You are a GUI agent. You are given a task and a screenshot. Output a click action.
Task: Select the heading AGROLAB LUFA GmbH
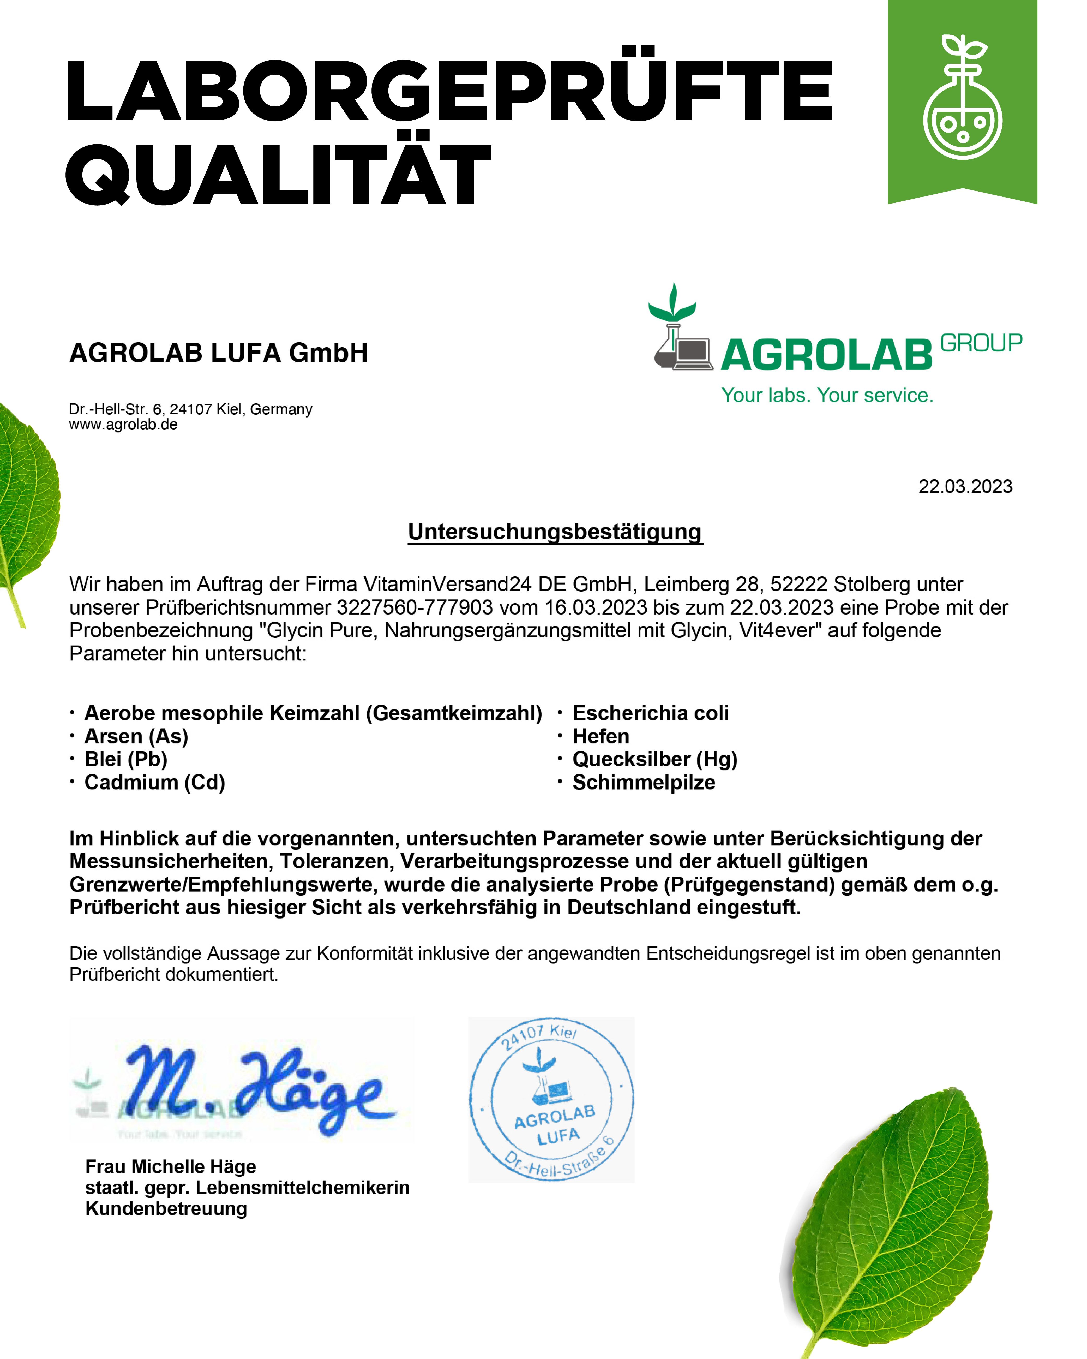pyautogui.click(x=218, y=353)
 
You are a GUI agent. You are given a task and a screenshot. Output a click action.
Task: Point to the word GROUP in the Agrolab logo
pyautogui.click(x=981, y=343)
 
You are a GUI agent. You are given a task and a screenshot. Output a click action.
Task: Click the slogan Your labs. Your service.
pyautogui.click(x=827, y=395)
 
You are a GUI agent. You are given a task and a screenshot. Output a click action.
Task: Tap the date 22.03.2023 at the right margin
pyautogui.click(x=965, y=487)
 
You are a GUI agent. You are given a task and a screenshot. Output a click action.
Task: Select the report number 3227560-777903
pyautogui.click(x=415, y=607)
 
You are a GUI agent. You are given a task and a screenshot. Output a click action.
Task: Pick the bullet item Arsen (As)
pyautogui.click(x=136, y=736)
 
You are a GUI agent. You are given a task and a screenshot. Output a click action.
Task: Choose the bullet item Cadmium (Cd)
pyautogui.click(x=154, y=782)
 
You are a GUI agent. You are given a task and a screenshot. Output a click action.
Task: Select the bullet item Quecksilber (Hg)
pyautogui.click(x=655, y=760)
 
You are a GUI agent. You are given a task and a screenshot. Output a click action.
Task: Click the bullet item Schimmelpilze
pyautogui.click(x=643, y=782)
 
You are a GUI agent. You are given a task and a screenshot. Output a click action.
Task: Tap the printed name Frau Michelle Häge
pyautogui.click(x=171, y=1167)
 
